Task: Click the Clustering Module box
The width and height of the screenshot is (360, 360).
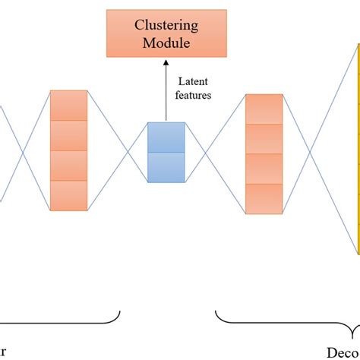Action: coord(166,33)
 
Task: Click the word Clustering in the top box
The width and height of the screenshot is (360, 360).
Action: coord(166,24)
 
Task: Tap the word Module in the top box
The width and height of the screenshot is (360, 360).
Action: coord(166,43)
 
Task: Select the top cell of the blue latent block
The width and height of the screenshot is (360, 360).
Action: coord(166,137)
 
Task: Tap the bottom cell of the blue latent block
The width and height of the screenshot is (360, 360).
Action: coord(166,167)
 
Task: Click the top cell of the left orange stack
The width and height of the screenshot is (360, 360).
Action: coord(68,105)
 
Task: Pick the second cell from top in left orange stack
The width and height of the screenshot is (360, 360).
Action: coord(68,135)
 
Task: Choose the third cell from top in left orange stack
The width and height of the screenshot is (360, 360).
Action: coord(68,165)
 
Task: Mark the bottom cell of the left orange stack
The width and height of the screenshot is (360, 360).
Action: coord(68,194)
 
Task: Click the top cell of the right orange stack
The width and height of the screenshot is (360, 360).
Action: coord(264,109)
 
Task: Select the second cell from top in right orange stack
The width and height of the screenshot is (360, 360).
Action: coord(264,139)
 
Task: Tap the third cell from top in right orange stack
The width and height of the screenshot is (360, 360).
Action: coord(264,169)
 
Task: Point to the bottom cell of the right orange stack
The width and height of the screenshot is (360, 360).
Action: coord(264,198)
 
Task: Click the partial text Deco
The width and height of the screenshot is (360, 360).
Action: coord(343,352)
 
